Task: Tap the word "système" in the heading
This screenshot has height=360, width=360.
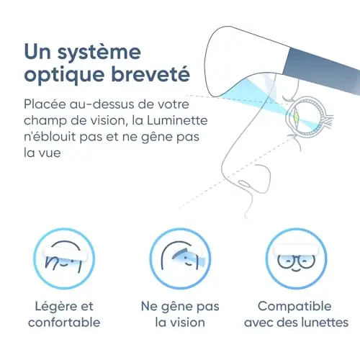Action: pos(99,53)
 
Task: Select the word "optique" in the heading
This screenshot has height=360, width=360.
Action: pos(64,75)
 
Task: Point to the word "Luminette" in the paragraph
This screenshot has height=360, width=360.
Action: pos(177,120)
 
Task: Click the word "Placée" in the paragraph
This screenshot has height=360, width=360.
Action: pos(45,104)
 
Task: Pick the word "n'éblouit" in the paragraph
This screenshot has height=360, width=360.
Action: pos(50,137)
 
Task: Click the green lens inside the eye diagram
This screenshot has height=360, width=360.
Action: pos(296,117)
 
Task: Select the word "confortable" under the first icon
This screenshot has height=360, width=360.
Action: pos(64,323)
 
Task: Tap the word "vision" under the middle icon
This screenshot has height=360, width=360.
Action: pos(187,323)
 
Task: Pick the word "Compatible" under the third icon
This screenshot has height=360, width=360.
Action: pos(294,307)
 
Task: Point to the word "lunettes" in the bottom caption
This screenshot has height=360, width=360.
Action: pos(325,323)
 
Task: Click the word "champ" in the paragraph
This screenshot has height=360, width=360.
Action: pos(45,122)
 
